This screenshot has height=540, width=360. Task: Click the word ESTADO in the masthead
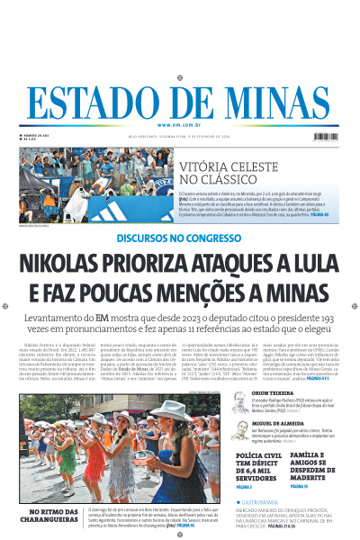[x=106, y=103]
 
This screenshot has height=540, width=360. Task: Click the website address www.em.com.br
[x=180, y=124]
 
